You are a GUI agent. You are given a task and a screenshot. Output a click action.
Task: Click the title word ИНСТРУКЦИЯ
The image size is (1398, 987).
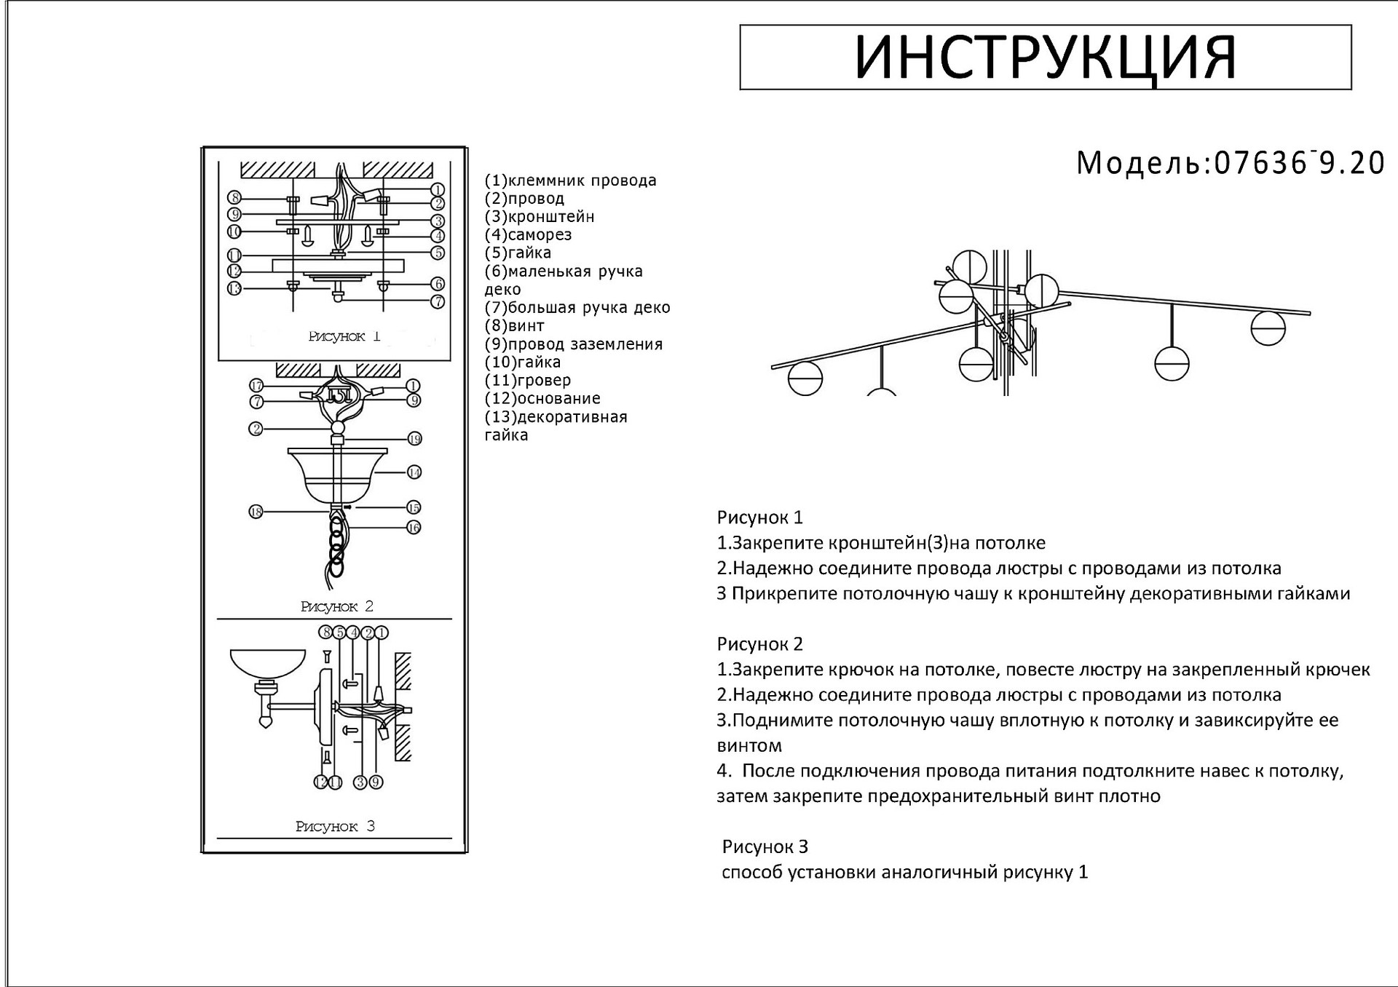tap(1045, 58)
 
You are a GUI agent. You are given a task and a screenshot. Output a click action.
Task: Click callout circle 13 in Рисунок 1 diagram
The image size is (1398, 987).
tap(234, 289)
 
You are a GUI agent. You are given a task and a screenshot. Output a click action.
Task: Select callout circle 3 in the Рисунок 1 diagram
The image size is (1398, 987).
tap(438, 221)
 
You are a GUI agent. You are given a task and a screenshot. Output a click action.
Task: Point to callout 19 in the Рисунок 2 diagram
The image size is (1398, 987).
tap(414, 439)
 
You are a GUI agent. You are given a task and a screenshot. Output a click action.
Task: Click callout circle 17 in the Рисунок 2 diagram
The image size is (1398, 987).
tap(256, 386)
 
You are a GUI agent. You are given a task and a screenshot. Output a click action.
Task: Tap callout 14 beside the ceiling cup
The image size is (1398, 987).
tap(414, 472)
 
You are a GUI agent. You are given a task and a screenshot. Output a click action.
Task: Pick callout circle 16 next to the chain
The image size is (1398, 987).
tap(414, 527)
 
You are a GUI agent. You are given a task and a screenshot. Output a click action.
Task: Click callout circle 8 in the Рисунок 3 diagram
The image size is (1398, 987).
tap(326, 633)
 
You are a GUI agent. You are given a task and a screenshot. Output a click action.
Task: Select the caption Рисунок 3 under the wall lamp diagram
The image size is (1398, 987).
tap(335, 826)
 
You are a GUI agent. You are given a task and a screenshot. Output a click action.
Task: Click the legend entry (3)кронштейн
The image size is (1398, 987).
tap(540, 217)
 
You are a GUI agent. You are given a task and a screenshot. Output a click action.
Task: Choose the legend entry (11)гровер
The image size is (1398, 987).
tap(528, 380)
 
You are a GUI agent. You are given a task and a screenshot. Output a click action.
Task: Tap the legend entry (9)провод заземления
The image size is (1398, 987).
tap(574, 344)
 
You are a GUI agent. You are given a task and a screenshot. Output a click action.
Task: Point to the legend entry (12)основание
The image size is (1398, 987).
tap(542, 398)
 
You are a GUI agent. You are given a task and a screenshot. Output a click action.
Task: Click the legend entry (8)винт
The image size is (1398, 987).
tap(515, 326)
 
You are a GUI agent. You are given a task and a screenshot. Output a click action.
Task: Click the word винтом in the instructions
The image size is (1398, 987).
tap(749, 745)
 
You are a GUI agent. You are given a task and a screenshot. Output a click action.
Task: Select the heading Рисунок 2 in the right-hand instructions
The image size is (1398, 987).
tap(759, 644)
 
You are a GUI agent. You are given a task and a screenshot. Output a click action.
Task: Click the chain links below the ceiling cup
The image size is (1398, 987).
tap(336, 542)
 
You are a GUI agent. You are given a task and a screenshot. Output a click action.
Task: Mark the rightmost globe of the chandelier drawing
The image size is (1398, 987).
tap(1268, 328)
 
